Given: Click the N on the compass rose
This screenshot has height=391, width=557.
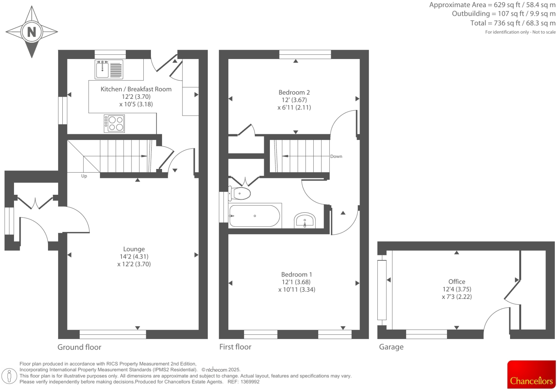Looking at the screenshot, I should point(32,32).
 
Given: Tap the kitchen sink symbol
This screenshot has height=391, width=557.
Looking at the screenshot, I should point(109,69).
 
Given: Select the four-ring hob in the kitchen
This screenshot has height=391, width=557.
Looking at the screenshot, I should point(114,123).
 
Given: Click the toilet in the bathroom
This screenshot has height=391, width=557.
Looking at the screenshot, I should point(239,194).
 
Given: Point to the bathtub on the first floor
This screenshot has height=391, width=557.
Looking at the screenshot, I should point(254,216).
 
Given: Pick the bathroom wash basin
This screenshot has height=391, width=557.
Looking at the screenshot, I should point(305,220).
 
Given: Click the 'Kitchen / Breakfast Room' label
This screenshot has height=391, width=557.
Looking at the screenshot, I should point(136,89).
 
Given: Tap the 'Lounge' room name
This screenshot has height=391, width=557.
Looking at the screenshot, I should point(134,249).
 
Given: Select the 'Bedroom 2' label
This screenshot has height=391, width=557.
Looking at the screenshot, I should point(294,92).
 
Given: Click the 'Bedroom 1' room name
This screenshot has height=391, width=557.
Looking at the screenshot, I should point(296,275).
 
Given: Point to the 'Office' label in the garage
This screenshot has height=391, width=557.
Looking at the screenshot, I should point(457,282).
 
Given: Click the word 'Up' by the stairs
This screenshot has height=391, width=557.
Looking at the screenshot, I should point(84,176).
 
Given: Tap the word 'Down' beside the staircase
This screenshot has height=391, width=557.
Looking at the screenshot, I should point(336,156).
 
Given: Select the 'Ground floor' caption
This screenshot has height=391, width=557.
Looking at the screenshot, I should point(79,347).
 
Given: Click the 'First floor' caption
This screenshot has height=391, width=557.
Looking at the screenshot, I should point(235,347).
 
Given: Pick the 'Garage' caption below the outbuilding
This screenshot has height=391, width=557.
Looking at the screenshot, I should point(391,347).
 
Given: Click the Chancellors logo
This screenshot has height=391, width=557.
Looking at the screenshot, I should point(531,375).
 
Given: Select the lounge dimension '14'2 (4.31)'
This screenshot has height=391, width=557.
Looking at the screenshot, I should point(134,257).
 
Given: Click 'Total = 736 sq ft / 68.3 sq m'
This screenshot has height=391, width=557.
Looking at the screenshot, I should point(513,23).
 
